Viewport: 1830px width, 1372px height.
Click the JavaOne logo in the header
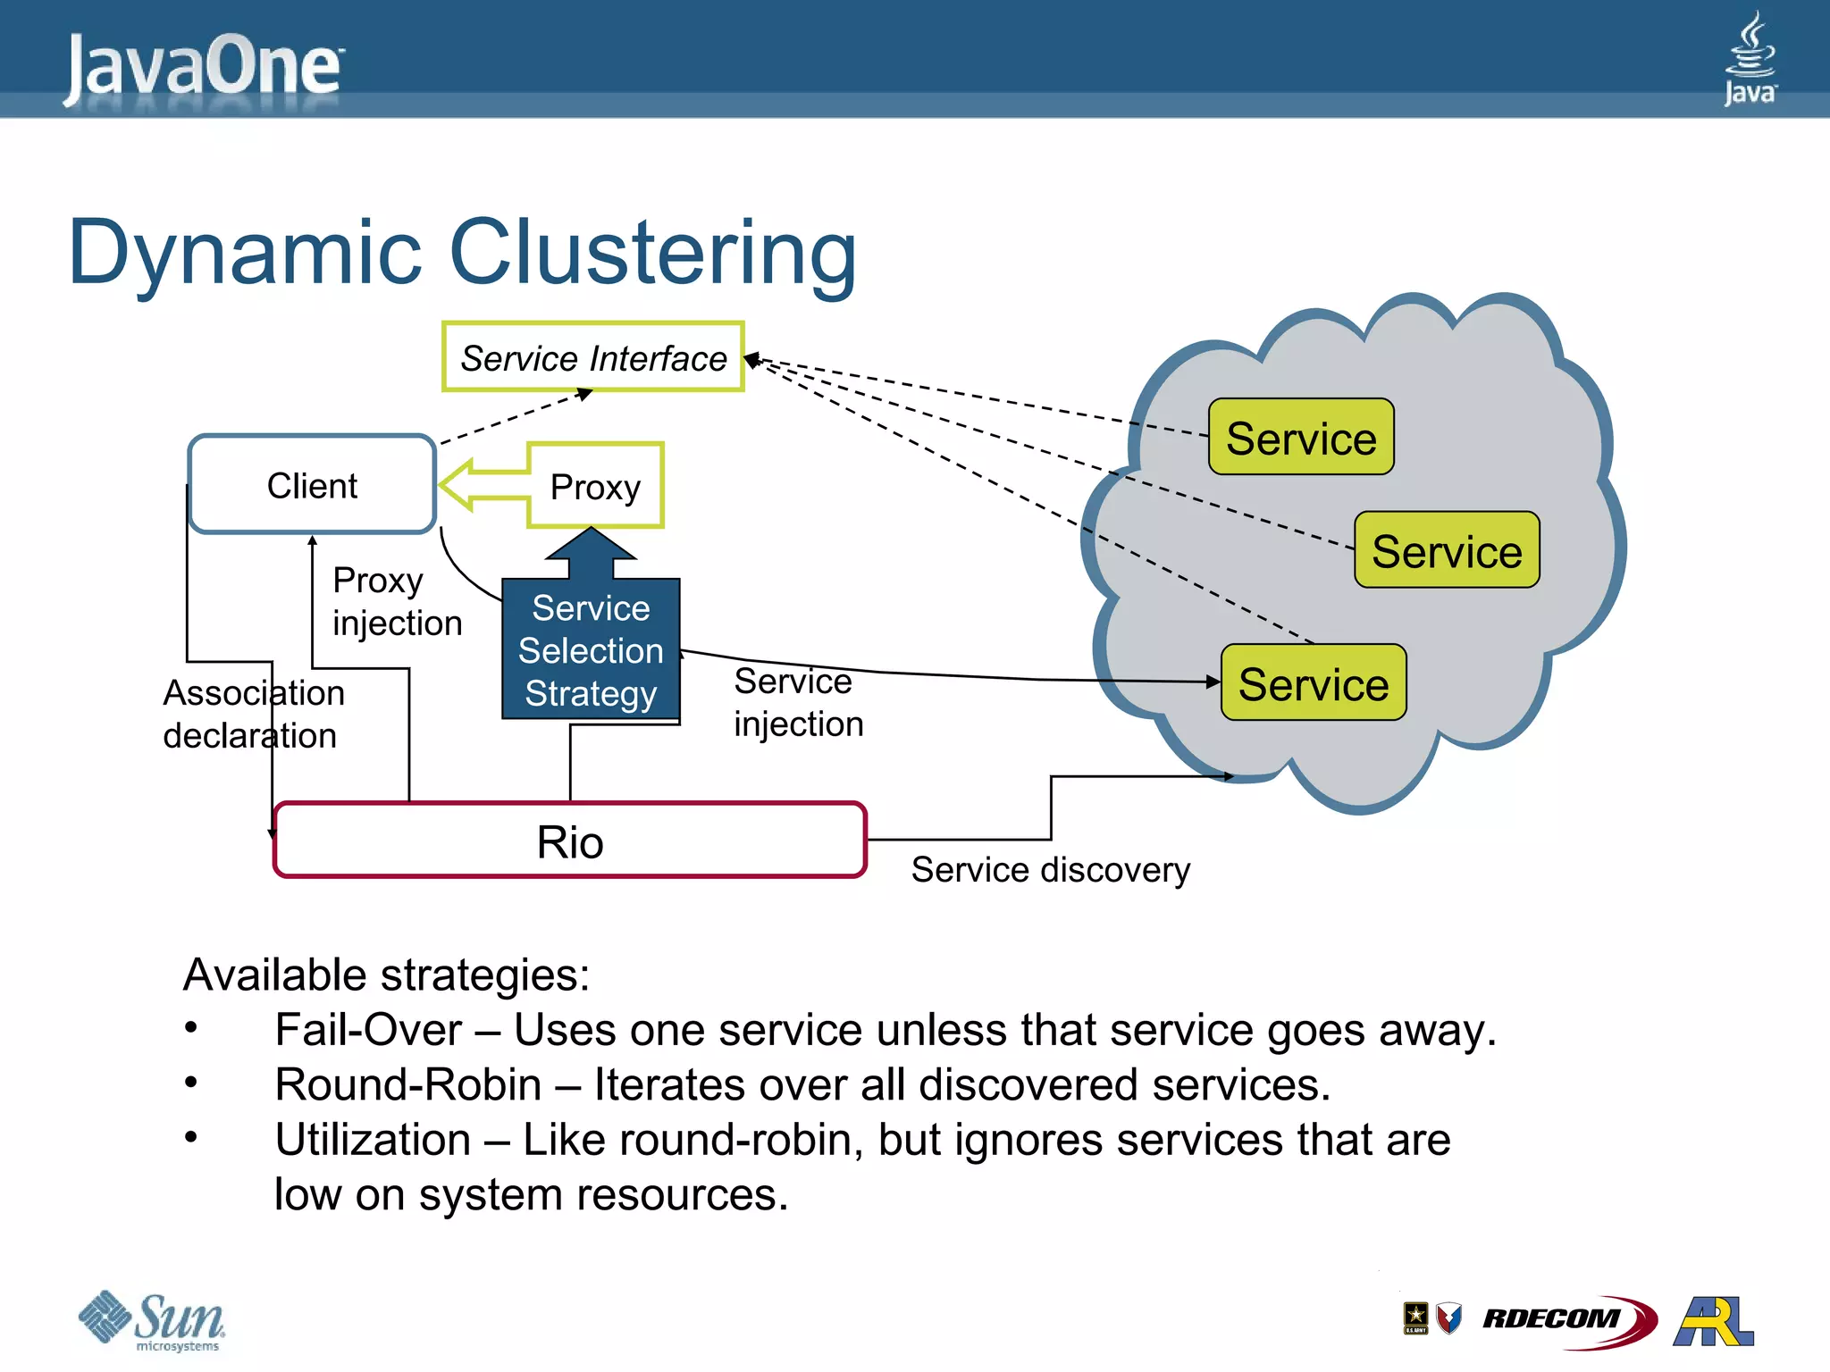tap(204, 66)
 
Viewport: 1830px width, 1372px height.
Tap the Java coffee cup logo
tap(1750, 57)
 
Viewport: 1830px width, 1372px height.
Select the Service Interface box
tap(593, 357)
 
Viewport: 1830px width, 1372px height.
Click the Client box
tap(312, 485)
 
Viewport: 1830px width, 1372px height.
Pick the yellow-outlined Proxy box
tap(595, 486)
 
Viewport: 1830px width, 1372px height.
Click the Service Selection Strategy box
tap(591, 650)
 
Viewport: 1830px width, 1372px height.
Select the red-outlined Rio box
tap(570, 841)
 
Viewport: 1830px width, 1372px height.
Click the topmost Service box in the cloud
tap(1301, 438)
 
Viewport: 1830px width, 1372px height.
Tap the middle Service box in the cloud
tap(1447, 550)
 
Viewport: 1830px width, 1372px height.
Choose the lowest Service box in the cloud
tap(1314, 683)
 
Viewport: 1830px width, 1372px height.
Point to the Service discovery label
tap(1050, 869)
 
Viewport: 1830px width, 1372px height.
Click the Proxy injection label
tap(397, 601)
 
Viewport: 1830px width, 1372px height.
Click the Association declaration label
tap(253, 714)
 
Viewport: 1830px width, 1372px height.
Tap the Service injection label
tap(798, 702)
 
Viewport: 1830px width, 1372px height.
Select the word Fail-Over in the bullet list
tap(368, 1030)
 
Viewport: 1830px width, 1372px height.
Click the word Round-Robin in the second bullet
tap(407, 1084)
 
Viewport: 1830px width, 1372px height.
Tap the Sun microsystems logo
tap(152, 1320)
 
